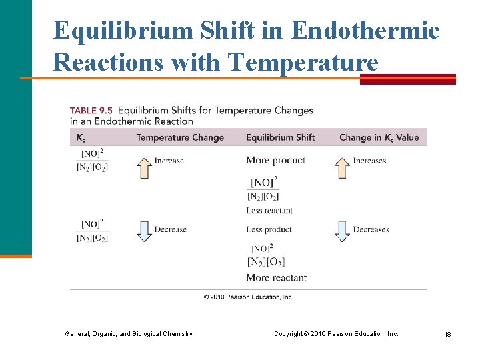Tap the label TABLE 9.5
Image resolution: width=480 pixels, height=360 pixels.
point(91,110)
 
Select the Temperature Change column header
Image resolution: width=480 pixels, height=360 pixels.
point(180,138)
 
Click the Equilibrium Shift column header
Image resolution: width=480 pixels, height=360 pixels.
point(281,138)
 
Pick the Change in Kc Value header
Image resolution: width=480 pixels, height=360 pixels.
point(379,138)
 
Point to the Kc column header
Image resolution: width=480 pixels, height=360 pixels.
point(81,138)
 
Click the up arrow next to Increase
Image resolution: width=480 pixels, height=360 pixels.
point(143,167)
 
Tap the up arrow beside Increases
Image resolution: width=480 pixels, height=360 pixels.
point(342,167)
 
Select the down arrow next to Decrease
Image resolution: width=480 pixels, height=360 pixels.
point(143,231)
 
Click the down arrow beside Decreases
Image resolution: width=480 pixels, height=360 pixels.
point(342,231)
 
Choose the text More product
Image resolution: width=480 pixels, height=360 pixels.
point(275,160)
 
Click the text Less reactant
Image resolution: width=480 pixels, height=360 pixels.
point(269,211)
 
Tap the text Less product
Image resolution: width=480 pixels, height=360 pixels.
point(269,229)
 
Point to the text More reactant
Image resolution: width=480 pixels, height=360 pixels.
point(276,277)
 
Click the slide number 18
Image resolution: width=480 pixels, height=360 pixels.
point(447,334)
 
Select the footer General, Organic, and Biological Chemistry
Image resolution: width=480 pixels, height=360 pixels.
point(129,333)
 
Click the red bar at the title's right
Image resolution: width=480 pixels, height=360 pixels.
point(408,79)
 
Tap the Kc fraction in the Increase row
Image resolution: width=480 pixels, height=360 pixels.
point(92,160)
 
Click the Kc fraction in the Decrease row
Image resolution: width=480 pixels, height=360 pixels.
point(92,231)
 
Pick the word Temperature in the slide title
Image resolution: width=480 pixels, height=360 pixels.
point(303,62)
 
